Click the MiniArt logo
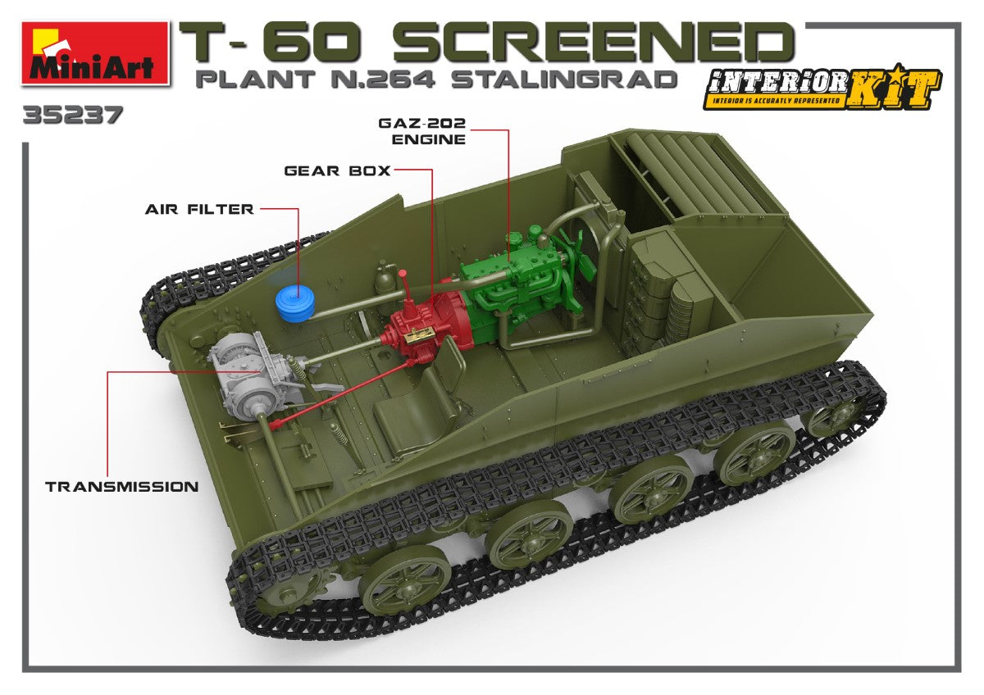pos(95,52)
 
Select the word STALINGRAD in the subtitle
pos(565,79)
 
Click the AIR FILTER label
pos(199,209)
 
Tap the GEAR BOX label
pos(337,171)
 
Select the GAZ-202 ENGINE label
pos(421,130)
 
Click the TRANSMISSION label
pos(121,486)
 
